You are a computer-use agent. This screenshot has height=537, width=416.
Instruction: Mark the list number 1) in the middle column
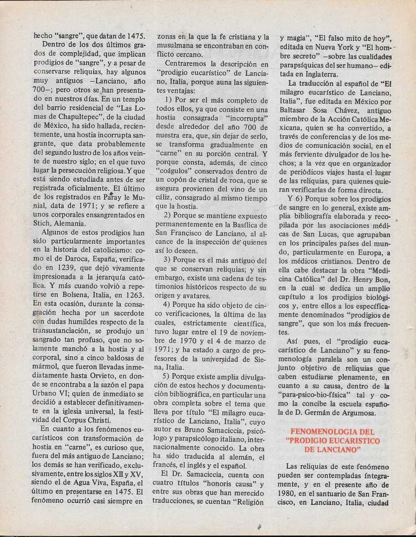coord(169,100)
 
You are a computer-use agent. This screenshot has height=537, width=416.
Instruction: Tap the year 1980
coord(288,494)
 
